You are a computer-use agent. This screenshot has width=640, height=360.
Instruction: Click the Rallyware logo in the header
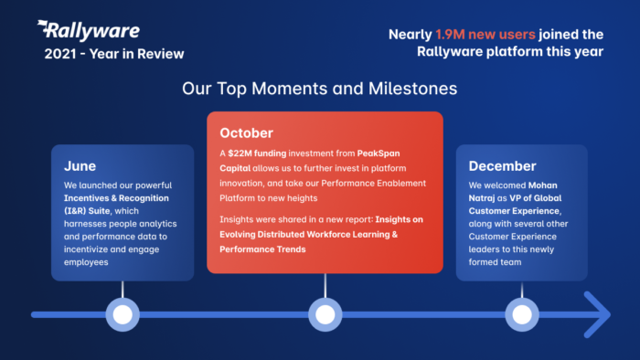(x=88, y=31)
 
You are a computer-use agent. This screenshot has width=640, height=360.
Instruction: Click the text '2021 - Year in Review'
(x=113, y=53)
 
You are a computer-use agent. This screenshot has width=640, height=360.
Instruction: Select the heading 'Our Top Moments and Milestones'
(x=319, y=90)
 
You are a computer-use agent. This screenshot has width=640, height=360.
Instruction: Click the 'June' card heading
(x=80, y=166)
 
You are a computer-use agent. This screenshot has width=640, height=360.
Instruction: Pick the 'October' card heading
(x=246, y=133)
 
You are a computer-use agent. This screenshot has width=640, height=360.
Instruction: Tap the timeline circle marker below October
(x=325, y=314)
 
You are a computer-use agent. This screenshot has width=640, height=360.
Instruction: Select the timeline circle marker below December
(x=521, y=314)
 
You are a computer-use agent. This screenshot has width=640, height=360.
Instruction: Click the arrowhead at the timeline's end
(x=598, y=314)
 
